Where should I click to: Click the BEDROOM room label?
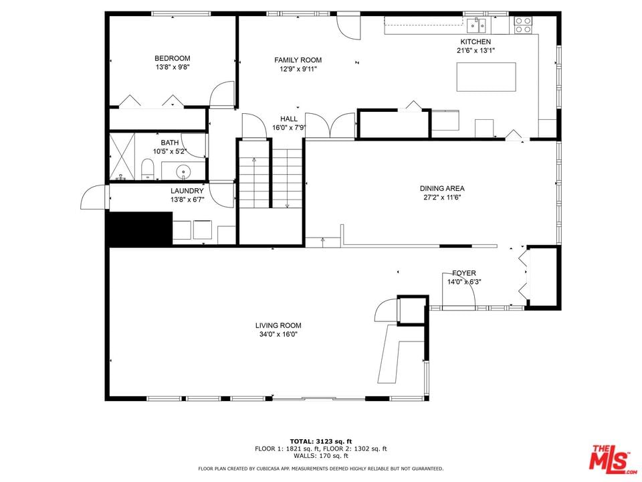click(x=172, y=58)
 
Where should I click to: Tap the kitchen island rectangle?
click(x=486, y=76)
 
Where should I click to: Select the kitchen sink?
click(x=476, y=25)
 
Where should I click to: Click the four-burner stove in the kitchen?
click(x=523, y=25)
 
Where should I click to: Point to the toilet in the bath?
click(x=147, y=169)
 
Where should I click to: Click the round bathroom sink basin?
click(x=184, y=170)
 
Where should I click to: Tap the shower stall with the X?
click(x=122, y=156)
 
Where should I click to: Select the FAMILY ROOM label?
click(x=298, y=60)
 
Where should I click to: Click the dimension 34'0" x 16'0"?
click(x=278, y=334)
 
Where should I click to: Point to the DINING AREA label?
click(x=442, y=189)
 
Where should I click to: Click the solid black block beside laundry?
click(x=140, y=229)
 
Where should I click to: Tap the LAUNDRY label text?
click(x=187, y=191)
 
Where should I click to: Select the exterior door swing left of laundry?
click(x=94, y=197)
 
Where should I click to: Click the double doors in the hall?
click(x=330, y=125)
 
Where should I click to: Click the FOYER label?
click(x=464, y=273)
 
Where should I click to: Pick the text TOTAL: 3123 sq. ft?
click(x=321, y=441)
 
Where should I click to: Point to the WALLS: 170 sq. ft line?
click(x=321, y=456)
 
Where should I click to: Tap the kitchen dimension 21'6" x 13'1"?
click(x=475, y=51)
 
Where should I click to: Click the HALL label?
click(x=289, y=119)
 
